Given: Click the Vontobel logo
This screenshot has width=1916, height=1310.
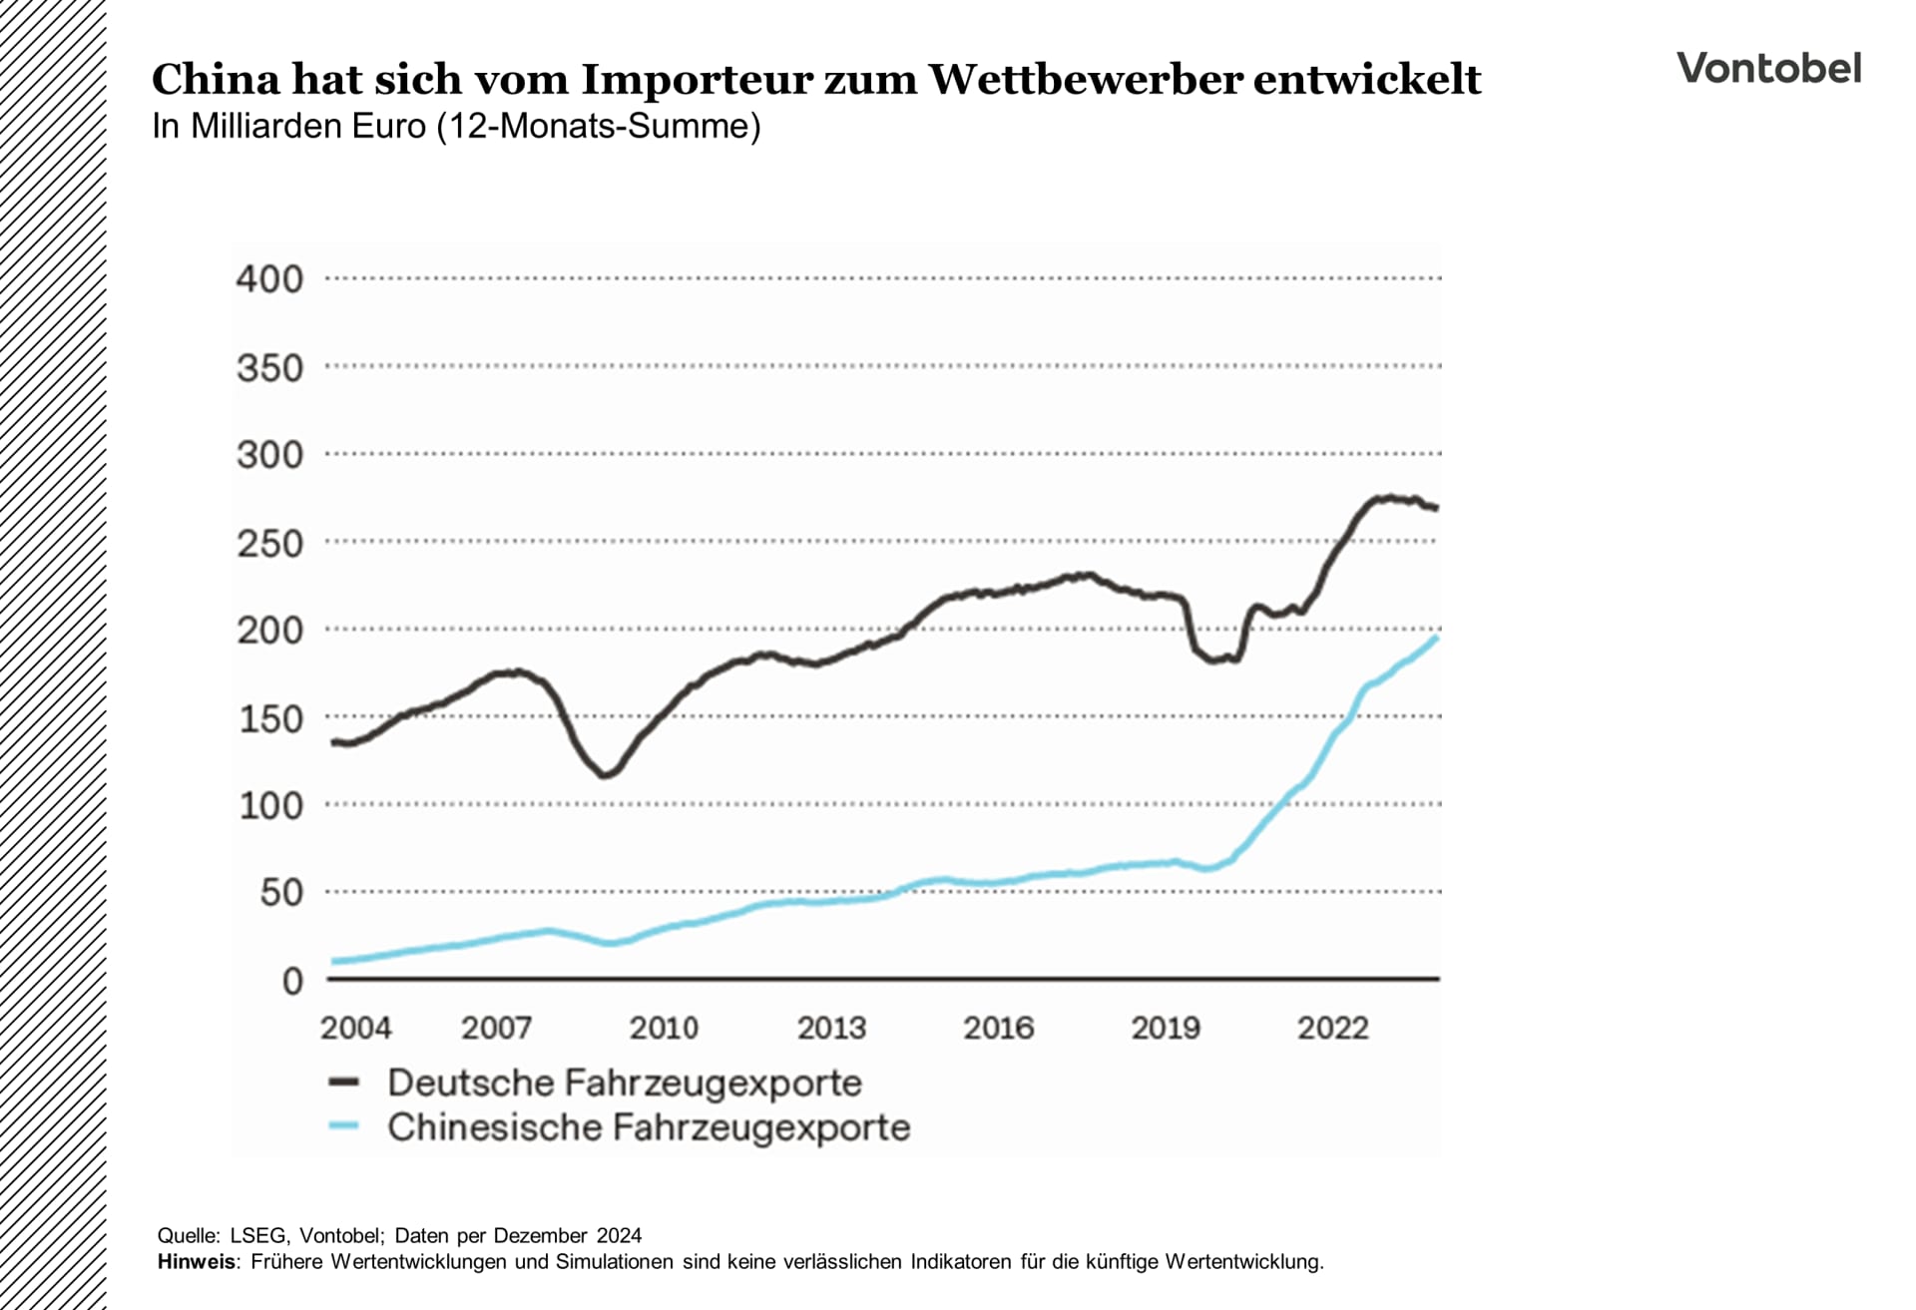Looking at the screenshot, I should [x=1768, y=68].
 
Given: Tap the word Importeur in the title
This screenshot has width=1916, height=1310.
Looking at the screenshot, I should [x=697, y=80].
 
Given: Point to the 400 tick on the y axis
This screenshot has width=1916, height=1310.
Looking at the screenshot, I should [x=269, y=279].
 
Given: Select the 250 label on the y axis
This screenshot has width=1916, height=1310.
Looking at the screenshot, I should [x=269, y=544].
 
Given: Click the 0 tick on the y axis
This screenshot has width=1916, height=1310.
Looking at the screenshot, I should [x=291, y=982].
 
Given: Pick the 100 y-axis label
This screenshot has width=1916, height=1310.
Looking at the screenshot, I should [x=269, y=806].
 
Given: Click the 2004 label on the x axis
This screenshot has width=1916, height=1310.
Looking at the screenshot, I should [x=355, y=1028].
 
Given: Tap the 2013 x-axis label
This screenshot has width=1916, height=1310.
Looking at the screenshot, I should [x=831, y=1028].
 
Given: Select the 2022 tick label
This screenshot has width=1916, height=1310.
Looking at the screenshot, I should [x=1332, y=1028].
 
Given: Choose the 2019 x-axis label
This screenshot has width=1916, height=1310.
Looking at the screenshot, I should [x=1165, y=1028].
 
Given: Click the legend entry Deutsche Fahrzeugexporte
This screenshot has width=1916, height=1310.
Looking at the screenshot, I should [x=624, y=1083].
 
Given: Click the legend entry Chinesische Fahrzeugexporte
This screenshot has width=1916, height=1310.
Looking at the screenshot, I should [x=649, y=1127].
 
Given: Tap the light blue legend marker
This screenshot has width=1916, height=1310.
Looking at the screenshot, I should [x=343, y=1126].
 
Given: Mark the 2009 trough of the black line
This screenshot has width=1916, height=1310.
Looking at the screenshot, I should [x=606, y=774].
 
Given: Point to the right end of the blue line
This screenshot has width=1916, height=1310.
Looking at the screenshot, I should [x=1436, y=638].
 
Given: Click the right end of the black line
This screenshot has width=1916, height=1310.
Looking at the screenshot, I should [x=1436, y=508].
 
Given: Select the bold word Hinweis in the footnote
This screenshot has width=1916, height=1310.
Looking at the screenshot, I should [x=197, y=1262].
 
